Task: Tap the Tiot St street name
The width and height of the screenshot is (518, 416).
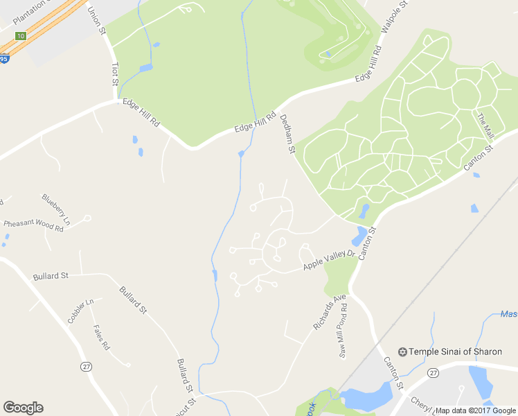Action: (x=116, y=73)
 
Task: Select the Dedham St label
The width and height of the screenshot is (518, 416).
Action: (x=288, y=134)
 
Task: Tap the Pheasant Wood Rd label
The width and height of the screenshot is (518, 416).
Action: (x=33, y=225)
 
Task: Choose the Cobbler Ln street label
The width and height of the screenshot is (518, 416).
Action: (x=80, y=311)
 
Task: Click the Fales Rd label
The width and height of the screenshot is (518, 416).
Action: (x=102, y=336)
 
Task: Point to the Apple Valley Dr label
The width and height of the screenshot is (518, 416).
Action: (x=329, y=260)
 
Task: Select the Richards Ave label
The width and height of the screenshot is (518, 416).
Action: (x=329, y=311)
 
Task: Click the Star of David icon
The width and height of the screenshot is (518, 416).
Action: (x=402, y=352)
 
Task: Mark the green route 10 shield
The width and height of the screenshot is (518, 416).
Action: (x=21, y=35)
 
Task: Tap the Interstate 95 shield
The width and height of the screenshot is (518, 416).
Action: (x=4, y=59)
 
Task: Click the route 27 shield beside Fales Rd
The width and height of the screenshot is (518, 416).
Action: (x=86, y=366)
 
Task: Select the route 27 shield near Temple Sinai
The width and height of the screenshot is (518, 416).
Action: (x=433, y=373)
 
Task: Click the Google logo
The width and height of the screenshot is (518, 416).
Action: (x=23, y=408)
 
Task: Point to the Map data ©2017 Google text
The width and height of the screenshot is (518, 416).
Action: (x=476, y=410)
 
